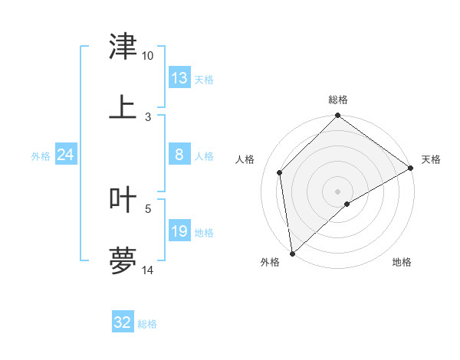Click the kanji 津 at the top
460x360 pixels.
tap(123, 47)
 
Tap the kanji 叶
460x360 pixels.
tap(123, 200)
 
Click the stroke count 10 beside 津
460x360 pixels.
tap(148, 56)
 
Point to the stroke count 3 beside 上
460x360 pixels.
tap(148, 116)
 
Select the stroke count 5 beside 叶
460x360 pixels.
tap(148, 208)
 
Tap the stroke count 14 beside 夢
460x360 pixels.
tap(148, 270)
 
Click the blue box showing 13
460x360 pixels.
tap(179, 78)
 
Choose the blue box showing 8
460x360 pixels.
tap(179, 155)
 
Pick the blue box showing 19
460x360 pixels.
tap(179, 231)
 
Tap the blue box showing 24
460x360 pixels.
tap(66, 155)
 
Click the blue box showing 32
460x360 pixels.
tap(123, 322)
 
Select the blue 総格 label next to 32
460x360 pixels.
tap(147, 324)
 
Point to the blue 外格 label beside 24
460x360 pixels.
tap(41, 156)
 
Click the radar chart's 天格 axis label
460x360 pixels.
tap(431, 159)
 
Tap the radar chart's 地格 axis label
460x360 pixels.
tap(402, 262)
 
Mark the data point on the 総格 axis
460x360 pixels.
tap(337, 116)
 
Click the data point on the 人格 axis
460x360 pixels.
tap(280, 172)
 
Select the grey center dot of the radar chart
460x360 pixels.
tap(337, 191)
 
